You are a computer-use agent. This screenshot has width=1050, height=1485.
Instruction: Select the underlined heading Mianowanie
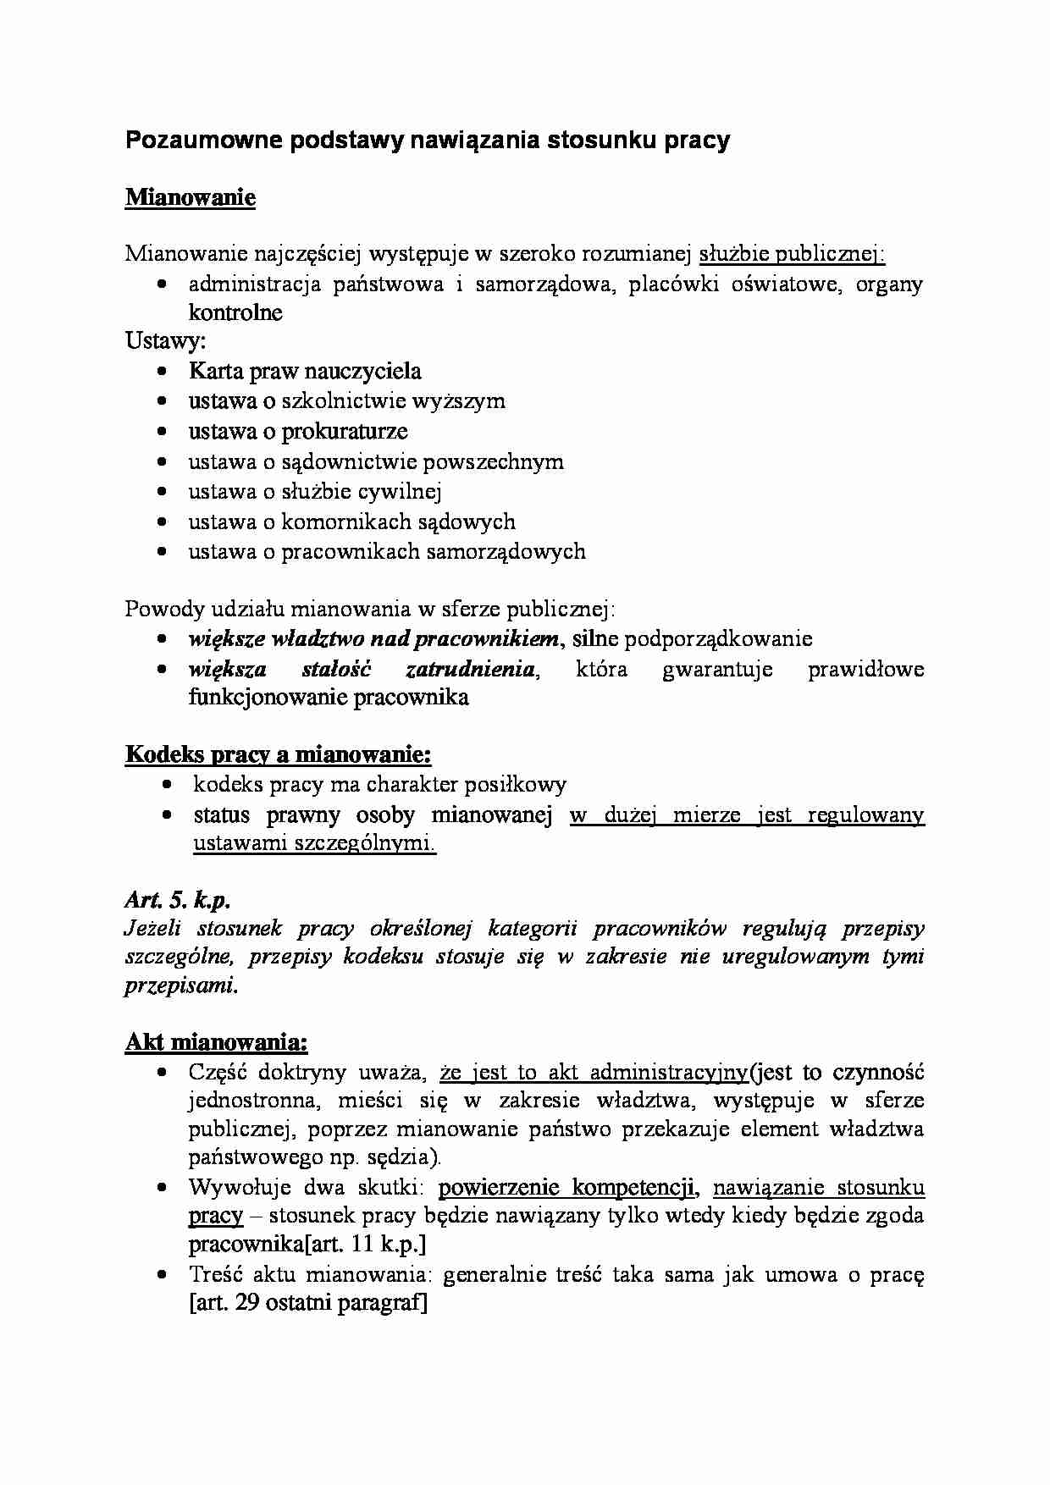tap(191, 198)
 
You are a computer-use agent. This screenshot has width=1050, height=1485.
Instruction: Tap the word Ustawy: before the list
tap(166, 341)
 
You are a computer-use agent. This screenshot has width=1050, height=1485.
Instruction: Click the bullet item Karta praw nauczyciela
tap(305, 371)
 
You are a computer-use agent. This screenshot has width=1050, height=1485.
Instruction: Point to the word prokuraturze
tap(345, 432)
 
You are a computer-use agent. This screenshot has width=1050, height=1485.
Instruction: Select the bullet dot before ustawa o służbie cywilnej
tap(163, 492)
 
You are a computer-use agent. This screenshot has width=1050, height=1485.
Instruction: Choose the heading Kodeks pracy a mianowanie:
tap(278, 754)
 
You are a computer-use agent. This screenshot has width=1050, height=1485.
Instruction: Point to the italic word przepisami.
tap(180, 985)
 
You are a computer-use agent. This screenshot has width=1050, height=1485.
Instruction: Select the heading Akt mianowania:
tap(216, 1041)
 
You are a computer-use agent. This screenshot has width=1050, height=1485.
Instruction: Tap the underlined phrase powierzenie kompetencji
tap(566, 1188)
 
